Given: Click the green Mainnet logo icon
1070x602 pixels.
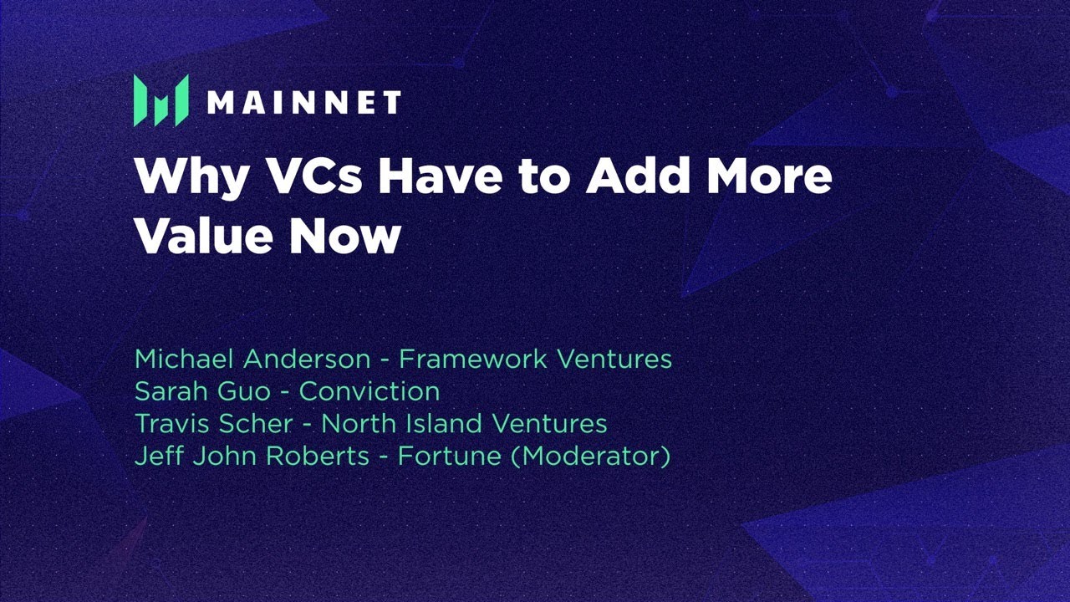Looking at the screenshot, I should click(x=160, y=101).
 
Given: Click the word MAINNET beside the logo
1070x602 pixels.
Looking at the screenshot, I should click(x=303, y=103).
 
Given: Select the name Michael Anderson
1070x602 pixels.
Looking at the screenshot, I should click(x=252, y=360).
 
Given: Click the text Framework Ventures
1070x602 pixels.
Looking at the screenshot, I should click(x=535, y=360).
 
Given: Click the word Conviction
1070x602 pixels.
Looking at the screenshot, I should click(x=369, y=391).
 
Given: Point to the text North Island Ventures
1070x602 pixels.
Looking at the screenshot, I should click(x=464, y=424).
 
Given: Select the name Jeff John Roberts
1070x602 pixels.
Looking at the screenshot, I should click(x=252, y=457).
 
